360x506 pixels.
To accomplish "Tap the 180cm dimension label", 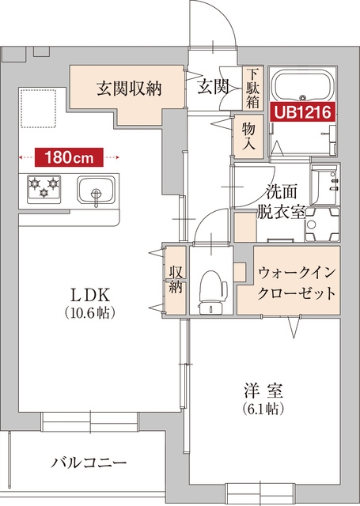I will coord(69,157).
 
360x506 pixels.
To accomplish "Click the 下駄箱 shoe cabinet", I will coord(252,87).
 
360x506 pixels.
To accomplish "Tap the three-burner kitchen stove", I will coord(44,188).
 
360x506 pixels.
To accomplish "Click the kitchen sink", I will coord(96,191).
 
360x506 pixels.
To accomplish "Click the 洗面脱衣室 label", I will coord(283,202).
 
